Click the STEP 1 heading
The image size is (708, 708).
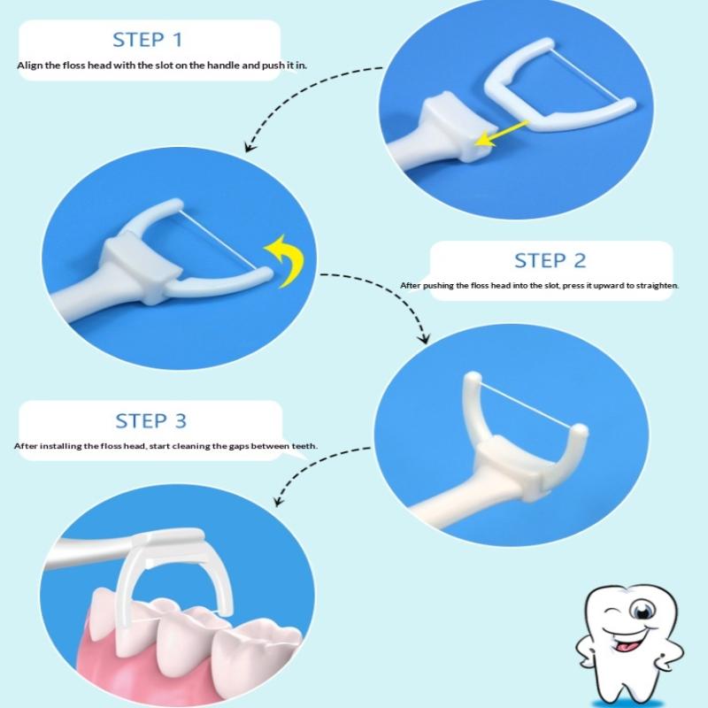(x=148, y=40)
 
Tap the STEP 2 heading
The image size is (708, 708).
(x=550, y=260)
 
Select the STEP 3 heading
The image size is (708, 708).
(x=150, y=421)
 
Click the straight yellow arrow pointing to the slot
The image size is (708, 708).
(x=502, y=134)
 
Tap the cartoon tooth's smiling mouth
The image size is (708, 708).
(x=627, y=640)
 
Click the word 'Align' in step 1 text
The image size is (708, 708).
(x=30, y=65)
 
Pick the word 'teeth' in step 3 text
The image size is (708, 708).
(x=304, y=446)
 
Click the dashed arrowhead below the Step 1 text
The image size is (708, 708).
(x=250, y=147)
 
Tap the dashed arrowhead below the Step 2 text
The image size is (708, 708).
(x=425, y=338)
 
